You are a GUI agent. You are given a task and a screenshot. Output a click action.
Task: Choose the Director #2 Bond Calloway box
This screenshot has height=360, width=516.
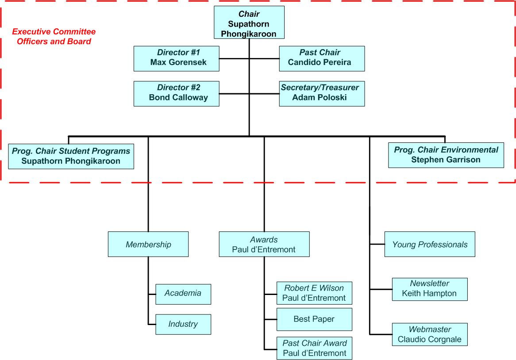point(176,93)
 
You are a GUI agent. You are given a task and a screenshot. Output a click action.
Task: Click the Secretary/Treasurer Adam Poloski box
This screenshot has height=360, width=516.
point(322,93)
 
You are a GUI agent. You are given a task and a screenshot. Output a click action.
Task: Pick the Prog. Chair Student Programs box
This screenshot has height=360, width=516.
point(71,156)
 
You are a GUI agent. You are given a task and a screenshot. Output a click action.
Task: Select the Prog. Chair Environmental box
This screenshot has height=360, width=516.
point(446,155)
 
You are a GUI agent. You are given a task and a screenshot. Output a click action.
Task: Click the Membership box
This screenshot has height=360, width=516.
point(148,244)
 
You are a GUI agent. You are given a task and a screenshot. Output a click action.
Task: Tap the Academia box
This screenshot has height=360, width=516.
point(183,294)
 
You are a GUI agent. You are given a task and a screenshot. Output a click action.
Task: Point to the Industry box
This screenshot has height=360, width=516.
point(183,324)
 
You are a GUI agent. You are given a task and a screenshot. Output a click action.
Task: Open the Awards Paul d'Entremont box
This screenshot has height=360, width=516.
point(264,244)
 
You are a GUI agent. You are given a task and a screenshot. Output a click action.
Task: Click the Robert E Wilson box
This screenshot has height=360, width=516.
point(314,293)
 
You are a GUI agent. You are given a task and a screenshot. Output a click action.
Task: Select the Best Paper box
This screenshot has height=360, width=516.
point(314,319)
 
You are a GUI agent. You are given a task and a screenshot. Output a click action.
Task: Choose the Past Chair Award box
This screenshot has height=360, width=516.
point(314,348)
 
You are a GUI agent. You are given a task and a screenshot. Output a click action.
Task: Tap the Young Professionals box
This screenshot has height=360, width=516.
point(430,244)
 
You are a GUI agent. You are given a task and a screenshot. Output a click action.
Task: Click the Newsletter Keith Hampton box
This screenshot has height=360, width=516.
point(429,289)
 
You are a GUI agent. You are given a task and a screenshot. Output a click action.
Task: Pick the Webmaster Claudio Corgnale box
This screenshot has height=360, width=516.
point(429,334)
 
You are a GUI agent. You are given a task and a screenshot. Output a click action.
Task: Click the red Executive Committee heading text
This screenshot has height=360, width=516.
point(54,37)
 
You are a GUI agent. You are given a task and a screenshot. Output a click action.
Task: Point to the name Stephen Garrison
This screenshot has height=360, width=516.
point(446,160)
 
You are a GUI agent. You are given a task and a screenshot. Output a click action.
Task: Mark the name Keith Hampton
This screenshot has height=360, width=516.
point(429,293)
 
